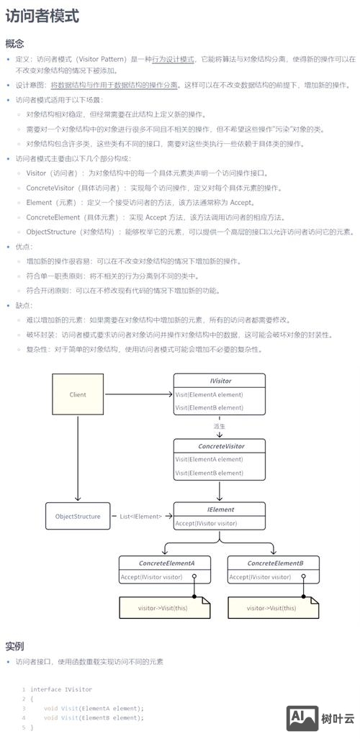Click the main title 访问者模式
42,16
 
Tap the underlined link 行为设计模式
173,59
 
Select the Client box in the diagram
78,394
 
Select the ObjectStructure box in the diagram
78,516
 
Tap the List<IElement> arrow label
140,516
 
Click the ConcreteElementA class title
166,563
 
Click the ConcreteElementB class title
275,563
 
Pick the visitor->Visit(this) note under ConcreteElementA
163,608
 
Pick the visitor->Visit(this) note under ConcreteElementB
271,608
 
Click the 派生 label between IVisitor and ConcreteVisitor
219,426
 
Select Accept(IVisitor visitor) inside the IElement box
206,523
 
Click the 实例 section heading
14,645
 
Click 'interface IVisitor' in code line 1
60,689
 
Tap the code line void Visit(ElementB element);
94,717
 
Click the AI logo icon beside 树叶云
302,717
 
